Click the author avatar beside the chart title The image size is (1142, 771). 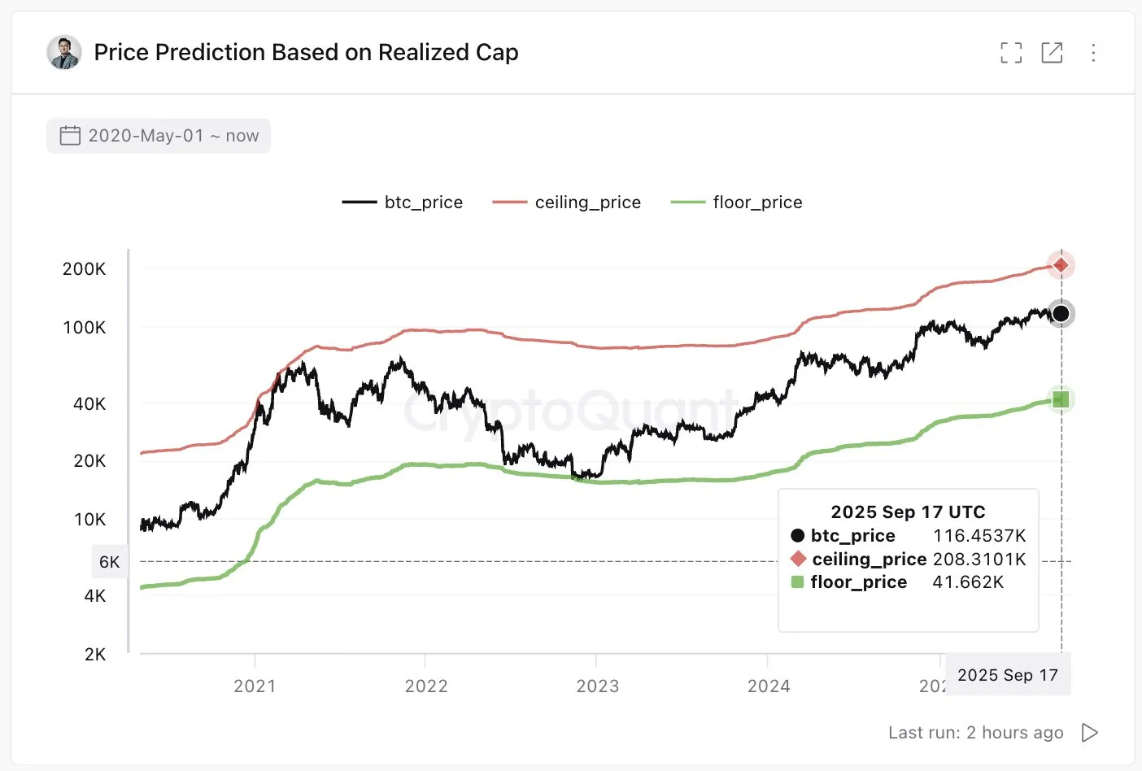click(x=64, y=53)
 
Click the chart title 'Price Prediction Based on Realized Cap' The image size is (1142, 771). click(x=306, y=53)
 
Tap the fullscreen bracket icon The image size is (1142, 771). click(x=1011, y=53)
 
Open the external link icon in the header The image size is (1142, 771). click(x=1052, y=53)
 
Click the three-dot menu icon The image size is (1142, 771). click(x=1093, y=53)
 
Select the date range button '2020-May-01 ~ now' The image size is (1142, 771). click(x=159, y=136)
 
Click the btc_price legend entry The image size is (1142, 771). click(x=403, y=203)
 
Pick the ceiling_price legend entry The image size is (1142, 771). click(x=567, y=203)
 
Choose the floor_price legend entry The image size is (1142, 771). click(x=737, y=203)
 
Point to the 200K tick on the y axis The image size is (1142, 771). click(x=85, y=269)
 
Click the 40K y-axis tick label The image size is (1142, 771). click(x=89, y=404)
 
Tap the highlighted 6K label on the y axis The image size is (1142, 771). click(x=110, y=562)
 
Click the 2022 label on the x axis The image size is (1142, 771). click(x=426, y=686)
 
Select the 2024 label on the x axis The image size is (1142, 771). click(x=769, y=686)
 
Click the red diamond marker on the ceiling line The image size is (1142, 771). click(x=1061, y=265)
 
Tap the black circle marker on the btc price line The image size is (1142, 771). click(x=1061, y=314)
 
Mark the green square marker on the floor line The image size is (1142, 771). click(x=1061, y=399)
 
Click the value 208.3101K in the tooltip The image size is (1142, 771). click(x=979, y=560)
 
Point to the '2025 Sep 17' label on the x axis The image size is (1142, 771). click(x=1008, y=676)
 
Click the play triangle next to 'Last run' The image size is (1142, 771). click(x=1090, y=733)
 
